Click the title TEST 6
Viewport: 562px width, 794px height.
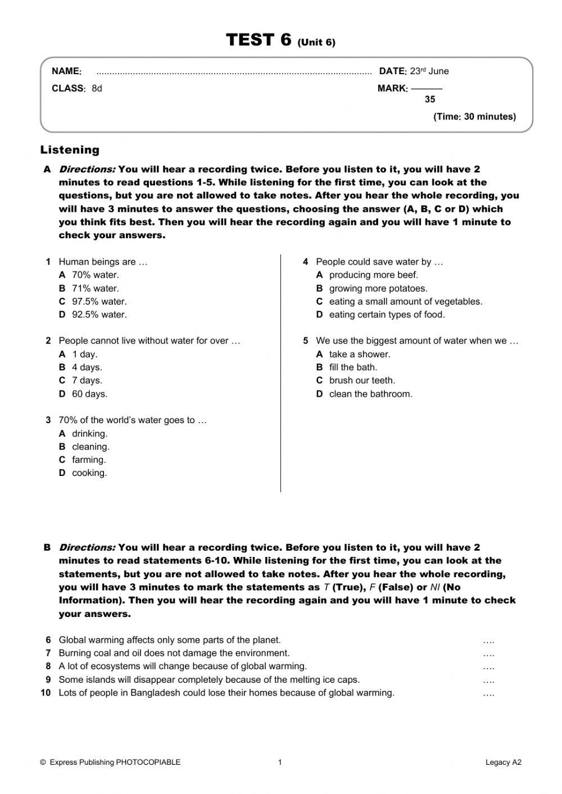pos(259,40)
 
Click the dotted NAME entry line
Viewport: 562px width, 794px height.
pos(234,72)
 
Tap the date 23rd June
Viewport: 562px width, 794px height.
pos(429,71)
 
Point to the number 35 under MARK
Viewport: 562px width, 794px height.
pos(430,99)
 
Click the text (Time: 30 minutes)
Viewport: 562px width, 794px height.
pos(474,117)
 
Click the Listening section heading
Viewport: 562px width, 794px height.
pos(70,150)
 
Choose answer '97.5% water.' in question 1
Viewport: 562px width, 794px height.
pos(99,302)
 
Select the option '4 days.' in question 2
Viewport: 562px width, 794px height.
pos(87,367)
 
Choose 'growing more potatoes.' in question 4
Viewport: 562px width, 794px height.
pos(378,289)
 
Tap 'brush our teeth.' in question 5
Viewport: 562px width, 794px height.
pos(362,380)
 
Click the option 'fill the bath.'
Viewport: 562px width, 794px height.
pos(353,367)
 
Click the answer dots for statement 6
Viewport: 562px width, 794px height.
pos(488,641)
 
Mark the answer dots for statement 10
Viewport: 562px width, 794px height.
pos(488,693)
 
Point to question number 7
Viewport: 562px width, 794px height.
pos(48,653)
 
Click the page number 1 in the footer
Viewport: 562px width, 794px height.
pos(280,763)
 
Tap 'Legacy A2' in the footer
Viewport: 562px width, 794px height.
pos(504,763)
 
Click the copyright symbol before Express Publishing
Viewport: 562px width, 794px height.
pos(43,763)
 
